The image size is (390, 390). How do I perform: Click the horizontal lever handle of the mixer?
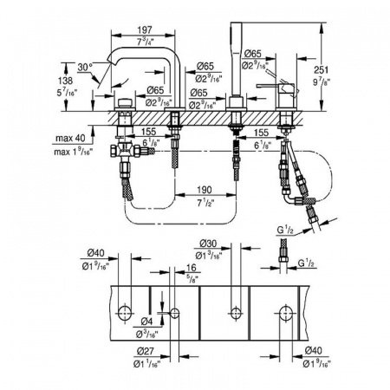268,89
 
